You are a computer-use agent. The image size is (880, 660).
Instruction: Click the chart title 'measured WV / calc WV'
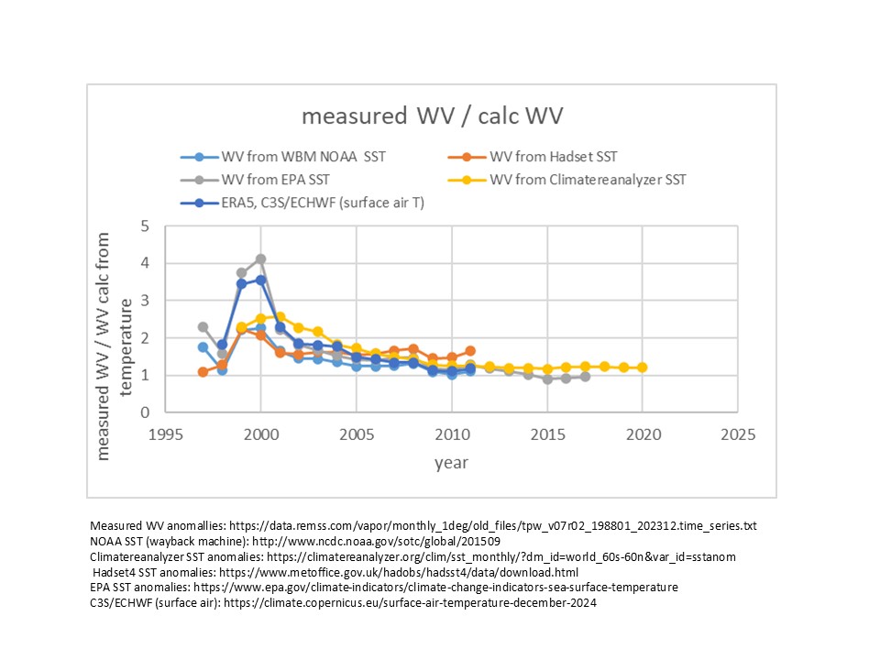pos(433,116)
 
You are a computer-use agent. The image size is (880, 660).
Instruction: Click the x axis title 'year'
pos(450,462)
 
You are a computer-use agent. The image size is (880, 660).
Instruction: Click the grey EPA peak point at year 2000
pos(260,259)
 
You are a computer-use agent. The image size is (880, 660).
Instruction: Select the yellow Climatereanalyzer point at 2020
pos(642,368)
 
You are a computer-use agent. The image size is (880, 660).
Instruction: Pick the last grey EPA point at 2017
pos(585,377)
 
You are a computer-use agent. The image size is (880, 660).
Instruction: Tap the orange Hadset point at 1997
pos(203,372)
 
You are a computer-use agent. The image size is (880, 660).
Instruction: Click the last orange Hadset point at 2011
pos(470,351)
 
